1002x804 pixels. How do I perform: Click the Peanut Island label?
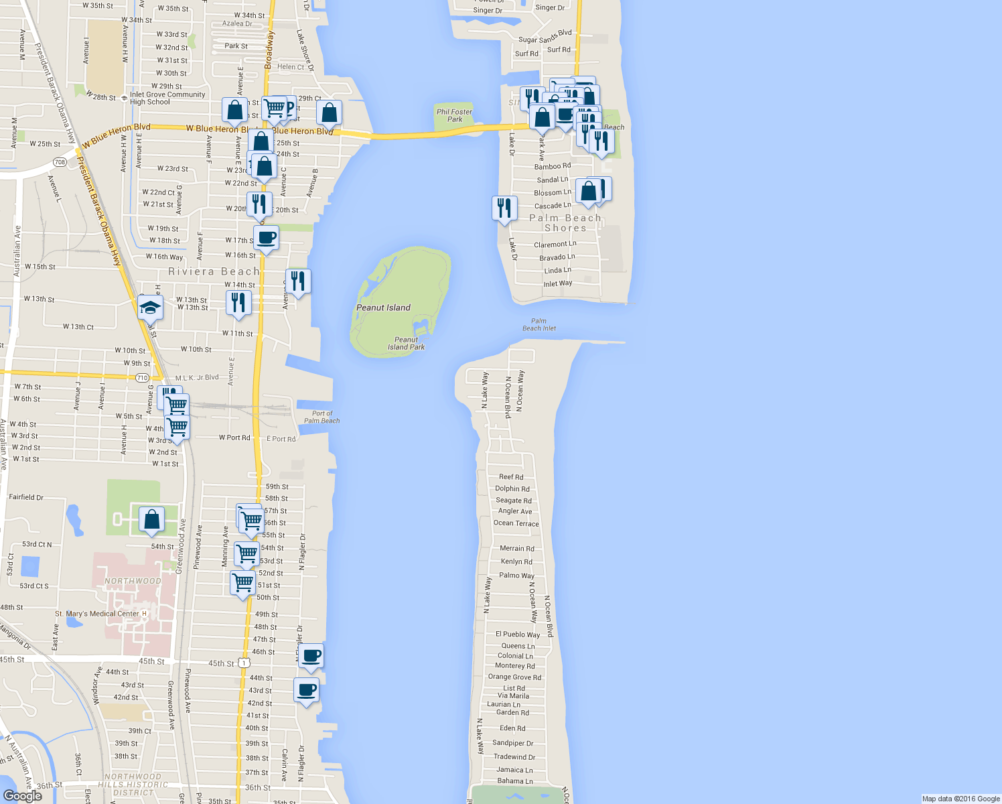pyautogui.click(x=383, y=308)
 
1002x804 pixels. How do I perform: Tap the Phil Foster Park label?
pyautogui.click(x=454, y=115)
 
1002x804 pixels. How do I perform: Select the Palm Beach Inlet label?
pyautogui.click(x=539, y=325)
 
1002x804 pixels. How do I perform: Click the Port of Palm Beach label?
pyautogui.click(x=321, y=417)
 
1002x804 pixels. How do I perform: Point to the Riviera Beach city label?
pyautogui.click(x=214, y=271)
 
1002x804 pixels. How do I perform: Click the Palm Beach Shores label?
pyautogui.click(x=565, y=223)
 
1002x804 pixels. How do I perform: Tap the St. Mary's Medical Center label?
pyautogui.click(x=97, y=614)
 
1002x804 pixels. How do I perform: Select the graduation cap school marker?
pyautogui.click(x=151, y=308)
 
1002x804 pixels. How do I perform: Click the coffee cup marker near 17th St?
pyautogui.click(x=267, y=238)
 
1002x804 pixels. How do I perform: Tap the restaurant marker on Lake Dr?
pyautogui.click(x=504, y=208)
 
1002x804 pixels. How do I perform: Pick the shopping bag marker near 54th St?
pyautogui.click(x=152, y=520)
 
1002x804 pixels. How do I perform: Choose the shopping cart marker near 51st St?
pyautogui.click(x=243, y=583)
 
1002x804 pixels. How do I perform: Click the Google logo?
pyautogui.click(x=22, y=795)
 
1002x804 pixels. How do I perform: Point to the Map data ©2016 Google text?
pyautogui.click(x=960, y=799)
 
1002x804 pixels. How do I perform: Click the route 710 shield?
pyautogui.click(x=142, y=378)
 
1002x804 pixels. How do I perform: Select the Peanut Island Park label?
pyautogui.click(x=406, y=343)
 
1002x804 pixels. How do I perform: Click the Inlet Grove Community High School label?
pyautogui.click(x=167, y=98)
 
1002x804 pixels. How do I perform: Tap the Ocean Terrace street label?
pyautogui.click(x=516, y=523)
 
